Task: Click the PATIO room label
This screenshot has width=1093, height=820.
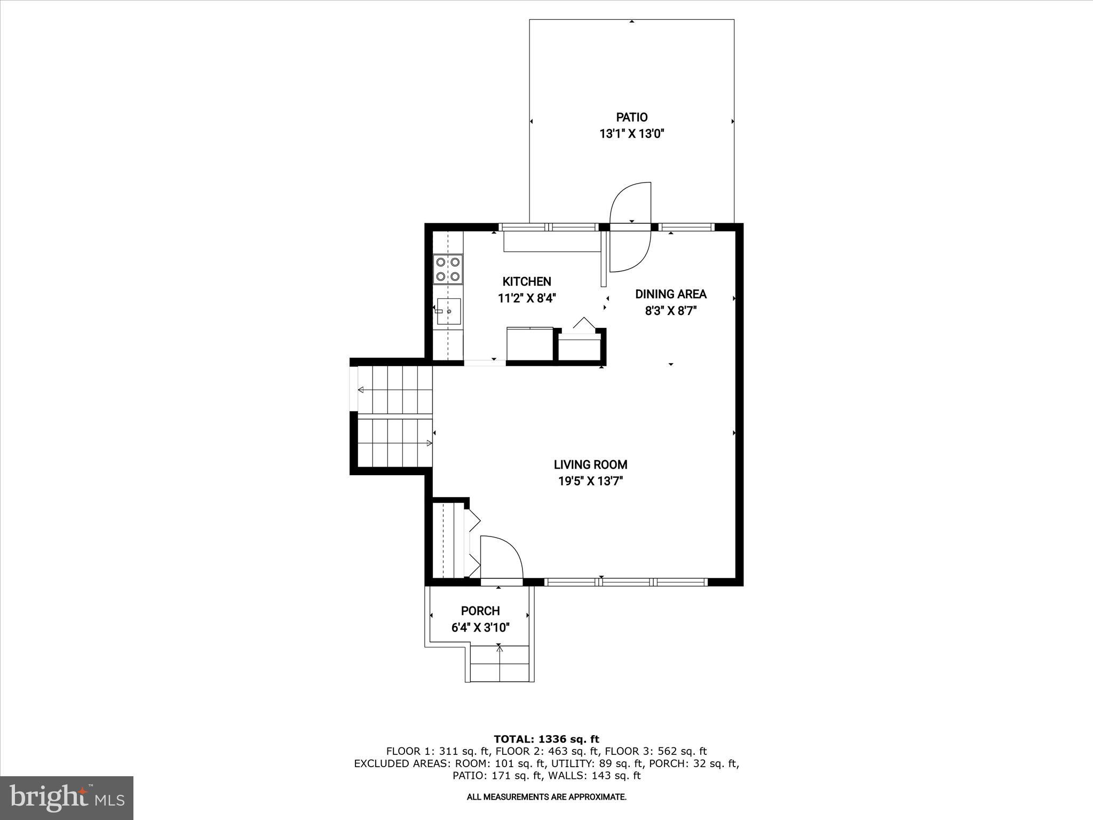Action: (x=632, y=117)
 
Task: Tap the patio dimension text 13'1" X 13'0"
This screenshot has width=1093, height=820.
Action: (x=632, y=134)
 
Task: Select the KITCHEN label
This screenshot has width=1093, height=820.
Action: (x=527, y=281)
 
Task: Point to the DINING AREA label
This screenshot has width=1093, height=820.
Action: (x=671, y=294)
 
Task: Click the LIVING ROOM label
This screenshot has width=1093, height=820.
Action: (x=590, y=464)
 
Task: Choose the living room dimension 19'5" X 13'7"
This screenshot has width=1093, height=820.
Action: (x=590, y=481)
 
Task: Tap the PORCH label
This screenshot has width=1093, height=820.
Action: (x=480, y=611)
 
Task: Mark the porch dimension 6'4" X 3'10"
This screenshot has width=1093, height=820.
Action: (x=480, y=627)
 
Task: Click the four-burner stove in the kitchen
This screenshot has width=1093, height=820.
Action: (x=448, y=269)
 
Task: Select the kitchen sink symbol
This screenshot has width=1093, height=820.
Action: (x=448, y=311)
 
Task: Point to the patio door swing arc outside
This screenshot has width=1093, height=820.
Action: (x=630, y=203)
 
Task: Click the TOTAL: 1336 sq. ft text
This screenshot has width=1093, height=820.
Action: (x=546, y=739)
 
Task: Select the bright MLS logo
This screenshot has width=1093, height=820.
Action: (x=67, y=798)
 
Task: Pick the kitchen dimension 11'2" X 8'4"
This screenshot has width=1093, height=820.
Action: (x=527, y=298)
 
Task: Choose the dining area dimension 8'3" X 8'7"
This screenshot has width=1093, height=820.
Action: (x=671, y=311)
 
